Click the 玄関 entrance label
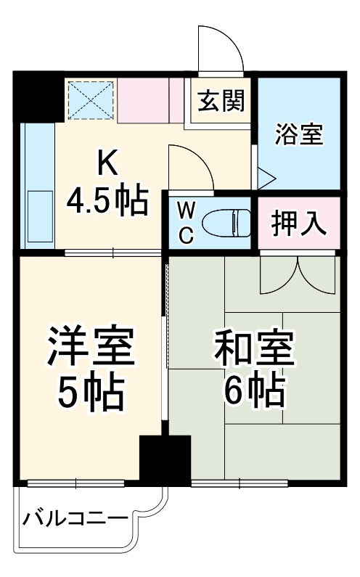pos(221,101)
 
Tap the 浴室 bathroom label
pos(299,134)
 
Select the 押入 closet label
pos(299,224)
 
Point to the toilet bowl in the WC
pos(226,223)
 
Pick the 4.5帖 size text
pos(107,201)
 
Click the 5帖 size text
pos(91,391)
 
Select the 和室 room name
pos(254,347)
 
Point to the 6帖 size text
pos(255,390)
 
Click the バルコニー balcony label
pos(75,520)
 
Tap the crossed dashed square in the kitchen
pos(91,100)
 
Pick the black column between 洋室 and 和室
pos(165,459)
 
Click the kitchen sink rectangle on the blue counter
pos(40,216)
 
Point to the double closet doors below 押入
pos(298,275)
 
